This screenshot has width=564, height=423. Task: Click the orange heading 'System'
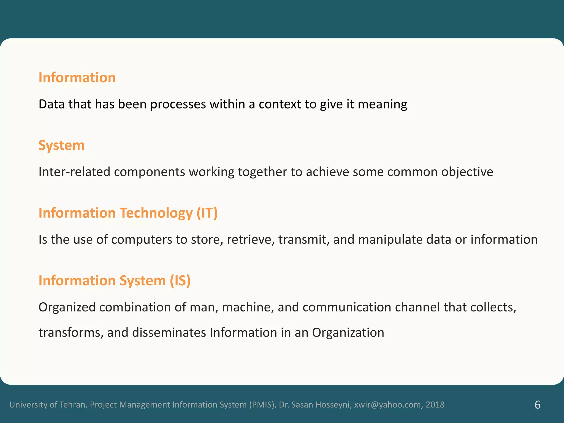point(61,145)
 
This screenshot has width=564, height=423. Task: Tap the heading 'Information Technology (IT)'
point(128,213)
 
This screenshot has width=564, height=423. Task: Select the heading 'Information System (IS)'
point(115,281)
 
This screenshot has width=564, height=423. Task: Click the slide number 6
point(537,405)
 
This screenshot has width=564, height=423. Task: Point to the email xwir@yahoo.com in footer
point(387,405)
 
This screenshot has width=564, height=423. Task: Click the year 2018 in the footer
point(435,405)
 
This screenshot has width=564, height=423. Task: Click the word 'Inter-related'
point(74,172)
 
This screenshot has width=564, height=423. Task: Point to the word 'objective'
point(467,172)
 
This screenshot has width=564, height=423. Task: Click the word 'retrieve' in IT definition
point(250,240)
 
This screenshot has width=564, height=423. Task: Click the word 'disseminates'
point(169,333)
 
